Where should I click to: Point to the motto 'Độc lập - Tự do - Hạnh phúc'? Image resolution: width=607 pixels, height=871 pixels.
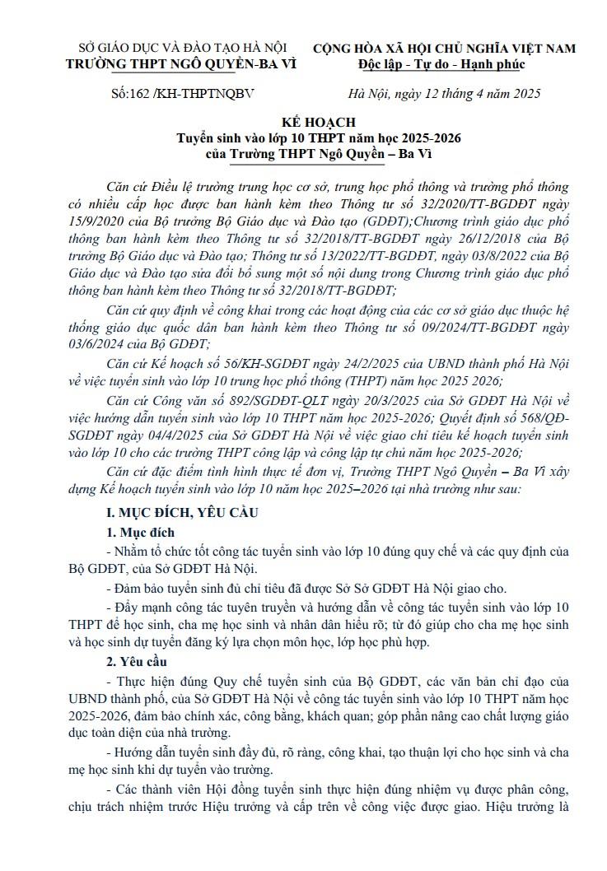(441, 64)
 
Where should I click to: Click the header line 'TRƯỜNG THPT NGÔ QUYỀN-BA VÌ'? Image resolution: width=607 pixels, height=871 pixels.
(181, 64)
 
